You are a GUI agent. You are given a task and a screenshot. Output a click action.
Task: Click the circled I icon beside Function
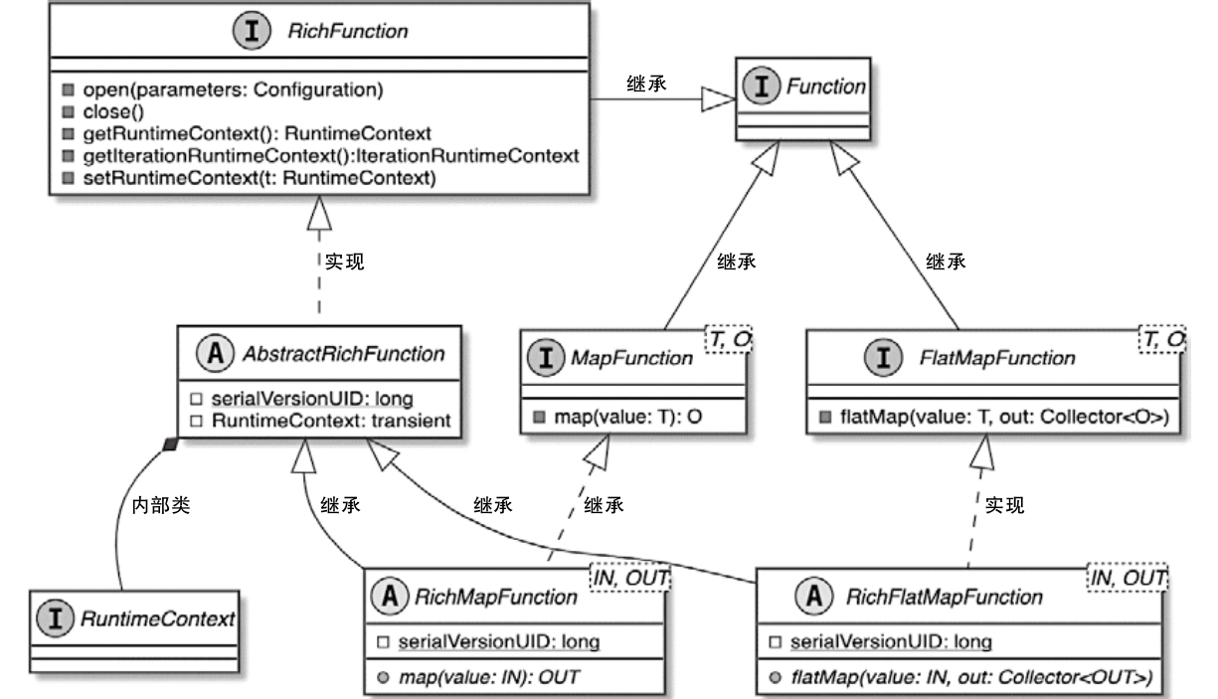[763, 86]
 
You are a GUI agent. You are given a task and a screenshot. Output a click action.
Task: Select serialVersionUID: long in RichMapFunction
[498, 641]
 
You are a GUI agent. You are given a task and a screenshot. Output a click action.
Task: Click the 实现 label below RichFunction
[344, 262]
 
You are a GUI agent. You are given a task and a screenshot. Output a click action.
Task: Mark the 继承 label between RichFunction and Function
[646, 84]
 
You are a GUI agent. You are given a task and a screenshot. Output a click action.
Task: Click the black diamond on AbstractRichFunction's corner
[170, 444]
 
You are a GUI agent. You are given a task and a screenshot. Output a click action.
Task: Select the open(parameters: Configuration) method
[233, 89]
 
